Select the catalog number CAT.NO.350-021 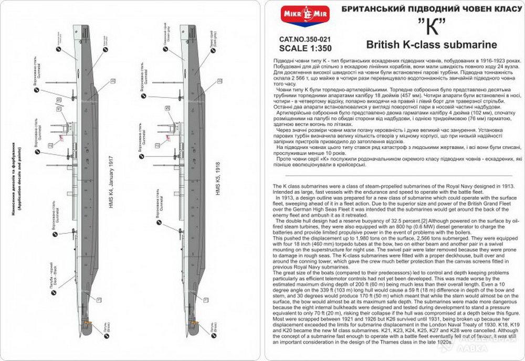[x=306, y=39]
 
